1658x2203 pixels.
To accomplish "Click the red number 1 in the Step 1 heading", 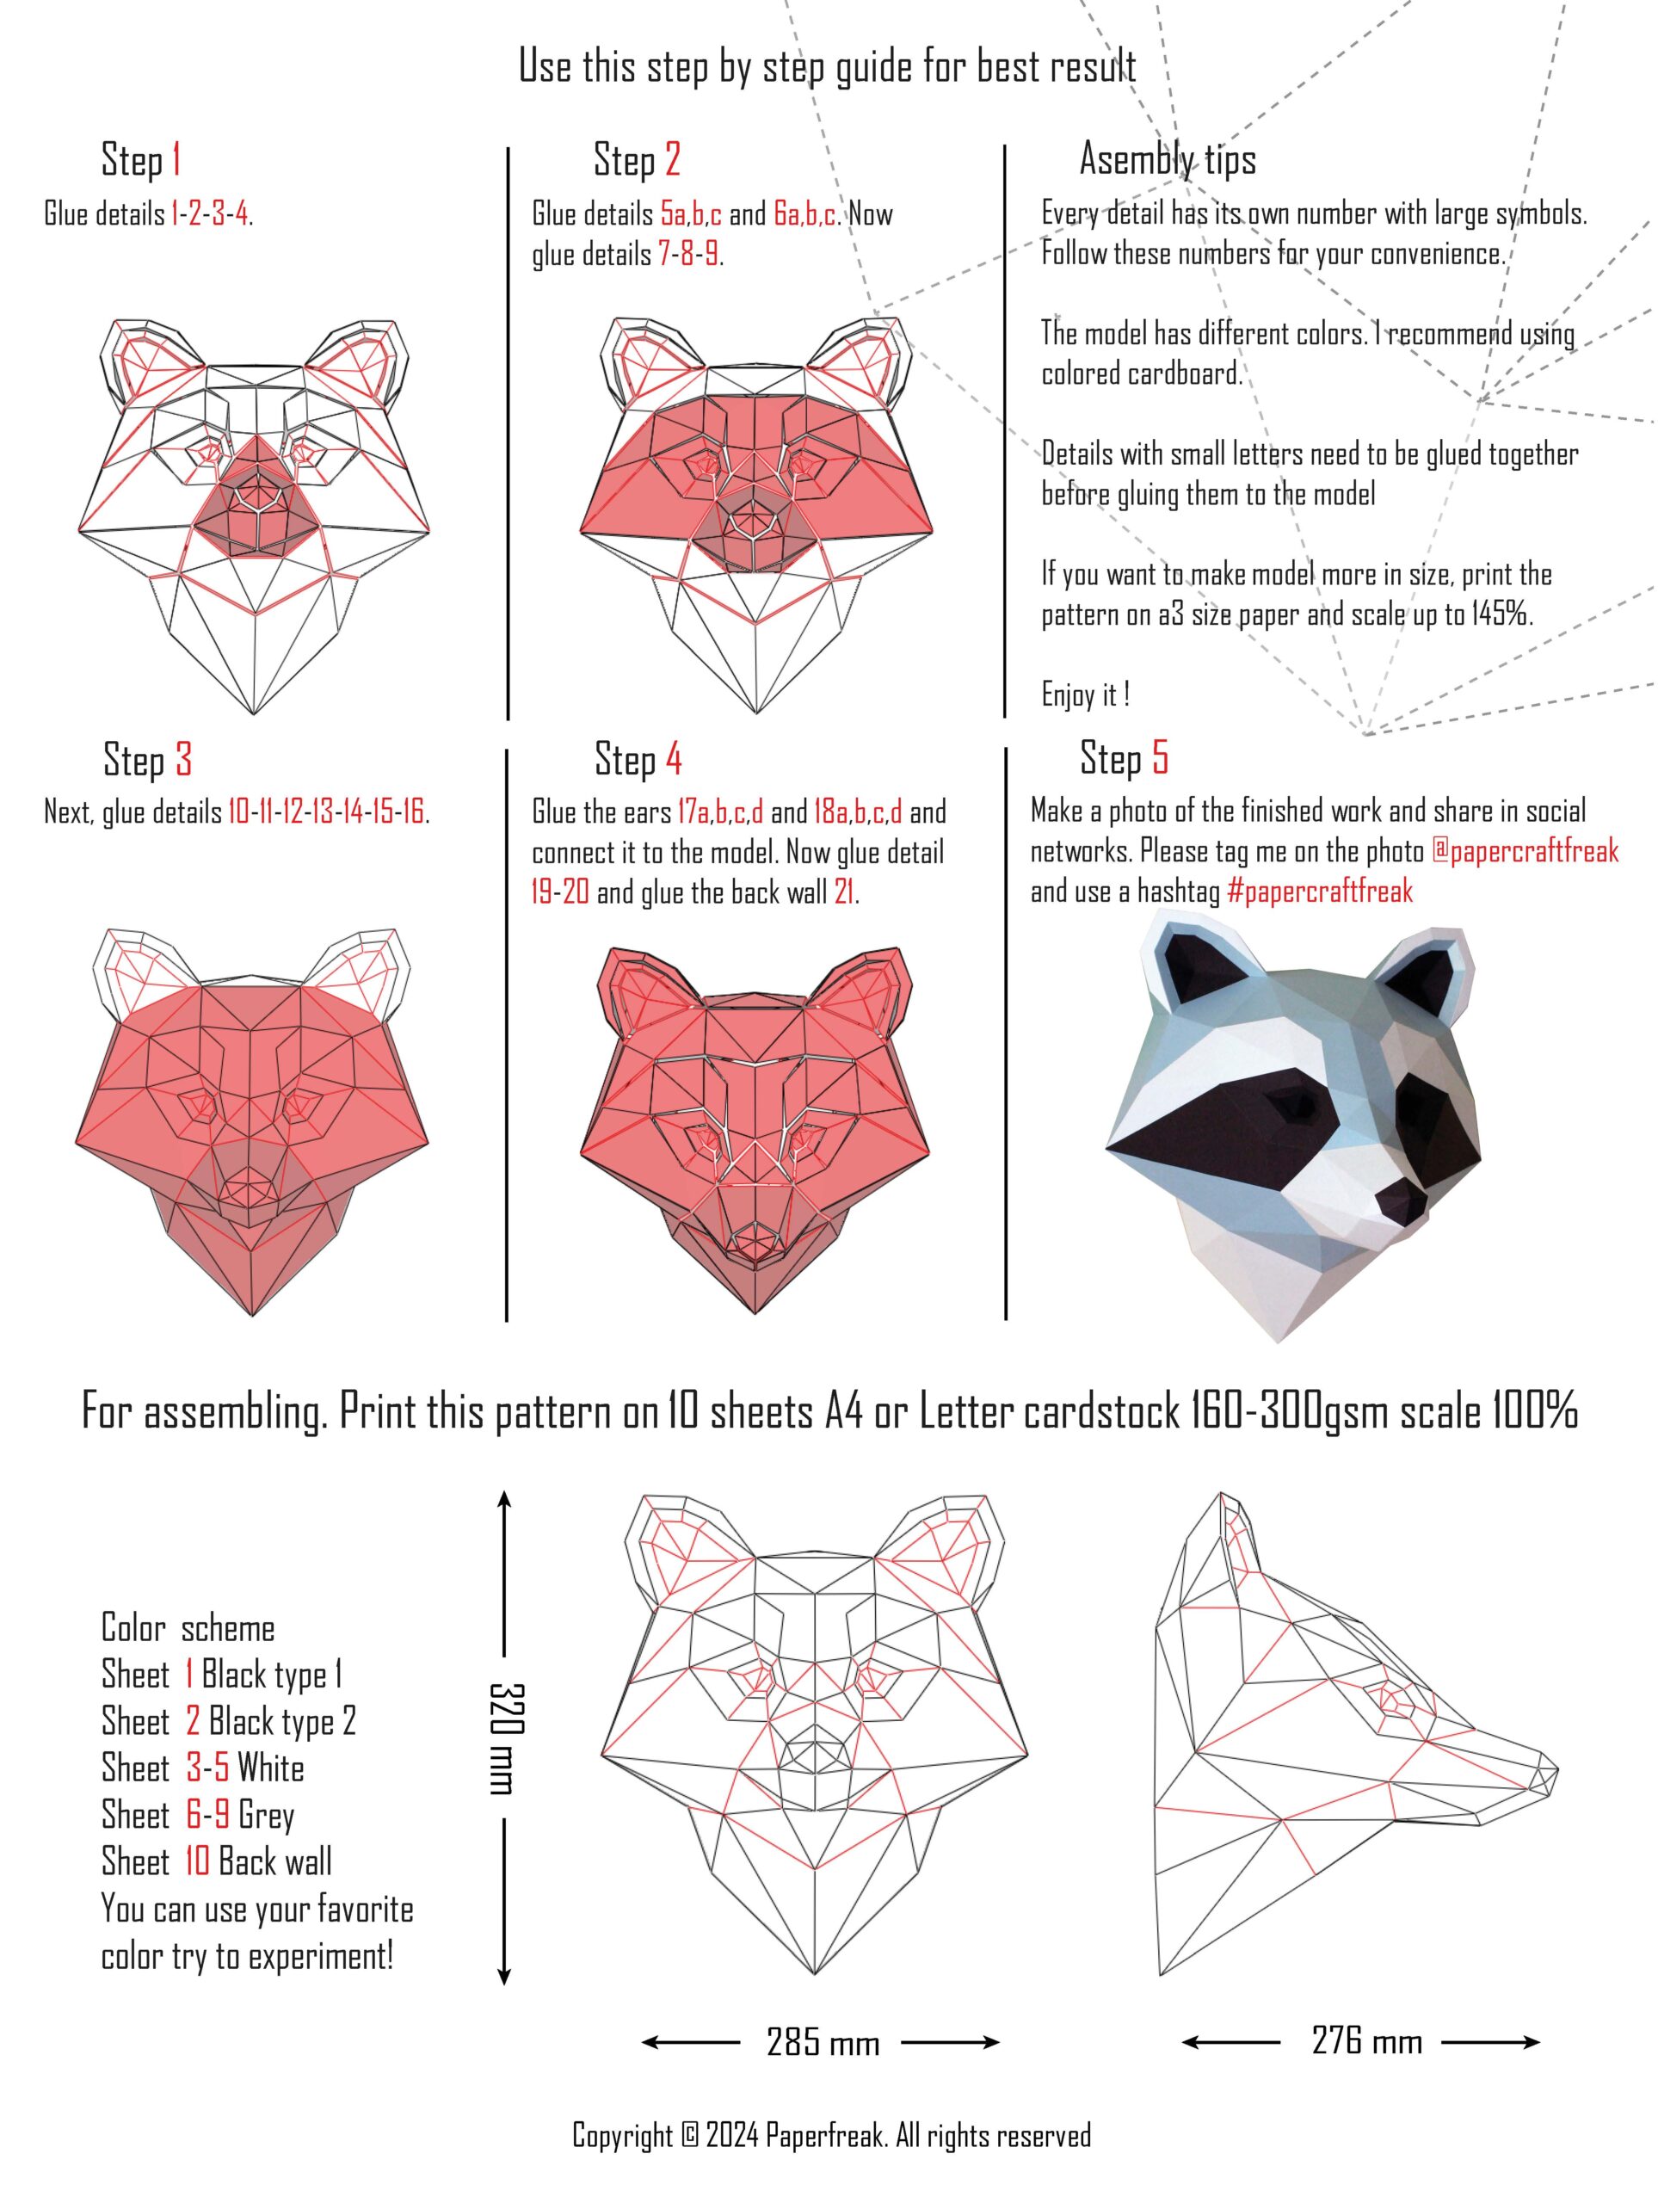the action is (176, 159).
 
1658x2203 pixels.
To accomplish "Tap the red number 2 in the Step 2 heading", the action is (673, 159).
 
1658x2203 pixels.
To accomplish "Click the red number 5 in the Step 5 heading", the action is (1160, 758).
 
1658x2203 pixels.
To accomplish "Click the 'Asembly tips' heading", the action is (1168, 159).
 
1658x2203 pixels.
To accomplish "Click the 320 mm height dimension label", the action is (506, 1738).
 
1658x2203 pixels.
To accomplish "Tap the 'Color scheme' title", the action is (188, 1628).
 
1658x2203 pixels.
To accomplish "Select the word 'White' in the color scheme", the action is (271, 1768).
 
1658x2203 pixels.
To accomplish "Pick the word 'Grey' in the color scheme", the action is (266, 1816).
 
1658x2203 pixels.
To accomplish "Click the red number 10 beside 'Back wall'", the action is (197, 1861).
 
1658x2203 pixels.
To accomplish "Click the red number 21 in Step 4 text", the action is (843, 892).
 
